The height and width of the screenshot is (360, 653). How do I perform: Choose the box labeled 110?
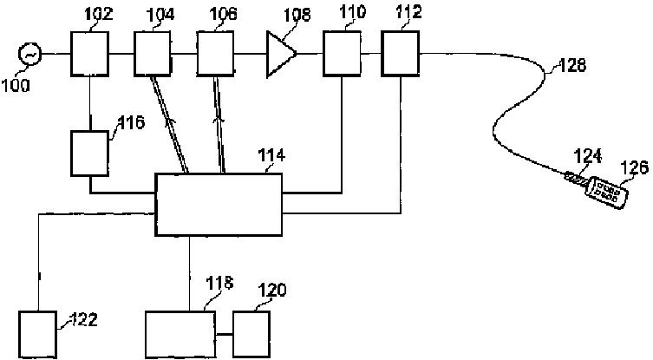click(x=341, y=55)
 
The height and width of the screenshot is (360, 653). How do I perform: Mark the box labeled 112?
click(x=400, y=55)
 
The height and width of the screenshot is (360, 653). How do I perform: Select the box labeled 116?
click(x=89, y=153)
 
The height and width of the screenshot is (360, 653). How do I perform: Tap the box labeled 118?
click(x=180, y=333)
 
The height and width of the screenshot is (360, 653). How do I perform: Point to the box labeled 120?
click(x=251, y=333)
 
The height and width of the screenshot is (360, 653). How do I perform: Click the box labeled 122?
click(x=37, y=335)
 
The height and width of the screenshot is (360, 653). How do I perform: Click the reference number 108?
click(x=282, y=16)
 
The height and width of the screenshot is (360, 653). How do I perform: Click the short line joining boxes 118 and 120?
click(x=224, y=334)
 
